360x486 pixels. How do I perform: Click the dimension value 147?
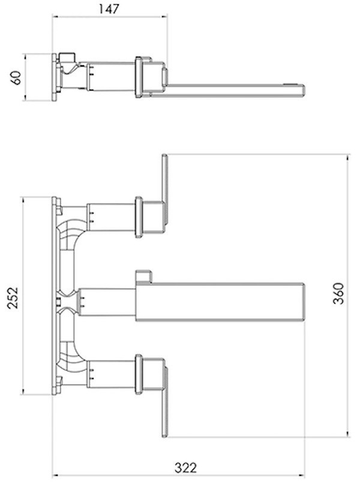click(109, 9)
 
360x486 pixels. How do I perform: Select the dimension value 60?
click(16, 77)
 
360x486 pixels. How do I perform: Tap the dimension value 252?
click(13, 298)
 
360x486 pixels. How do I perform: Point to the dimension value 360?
click(338, 293)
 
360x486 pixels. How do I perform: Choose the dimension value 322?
click(185, 467)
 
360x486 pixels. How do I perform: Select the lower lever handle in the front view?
click(164, 402)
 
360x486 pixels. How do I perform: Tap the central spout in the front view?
click(220, 302)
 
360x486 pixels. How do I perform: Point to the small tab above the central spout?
click(143, 277)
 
